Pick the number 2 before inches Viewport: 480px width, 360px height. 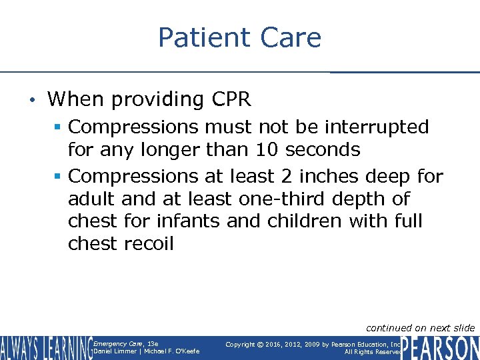(286, 176)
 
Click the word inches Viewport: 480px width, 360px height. (329, 176)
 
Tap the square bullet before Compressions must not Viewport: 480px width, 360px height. (59, 127)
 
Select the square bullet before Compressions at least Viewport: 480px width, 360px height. (59, 177)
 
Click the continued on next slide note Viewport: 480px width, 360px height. (421, 327)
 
